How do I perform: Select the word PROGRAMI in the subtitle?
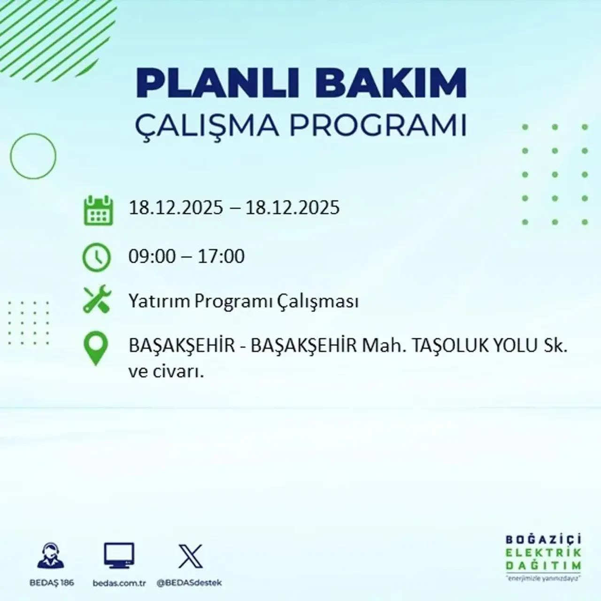tap(375, 125)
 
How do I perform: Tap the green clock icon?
tap(97, 258)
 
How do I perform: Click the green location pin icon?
tap(95, 348)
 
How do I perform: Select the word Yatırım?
tap(159, 301)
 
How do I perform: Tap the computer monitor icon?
tap(119, 556)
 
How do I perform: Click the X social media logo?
tap(190, 556)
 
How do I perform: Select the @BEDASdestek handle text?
tap(189, 583)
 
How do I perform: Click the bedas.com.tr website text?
tap(119, 583)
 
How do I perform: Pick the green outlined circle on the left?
tap(33, 156)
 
